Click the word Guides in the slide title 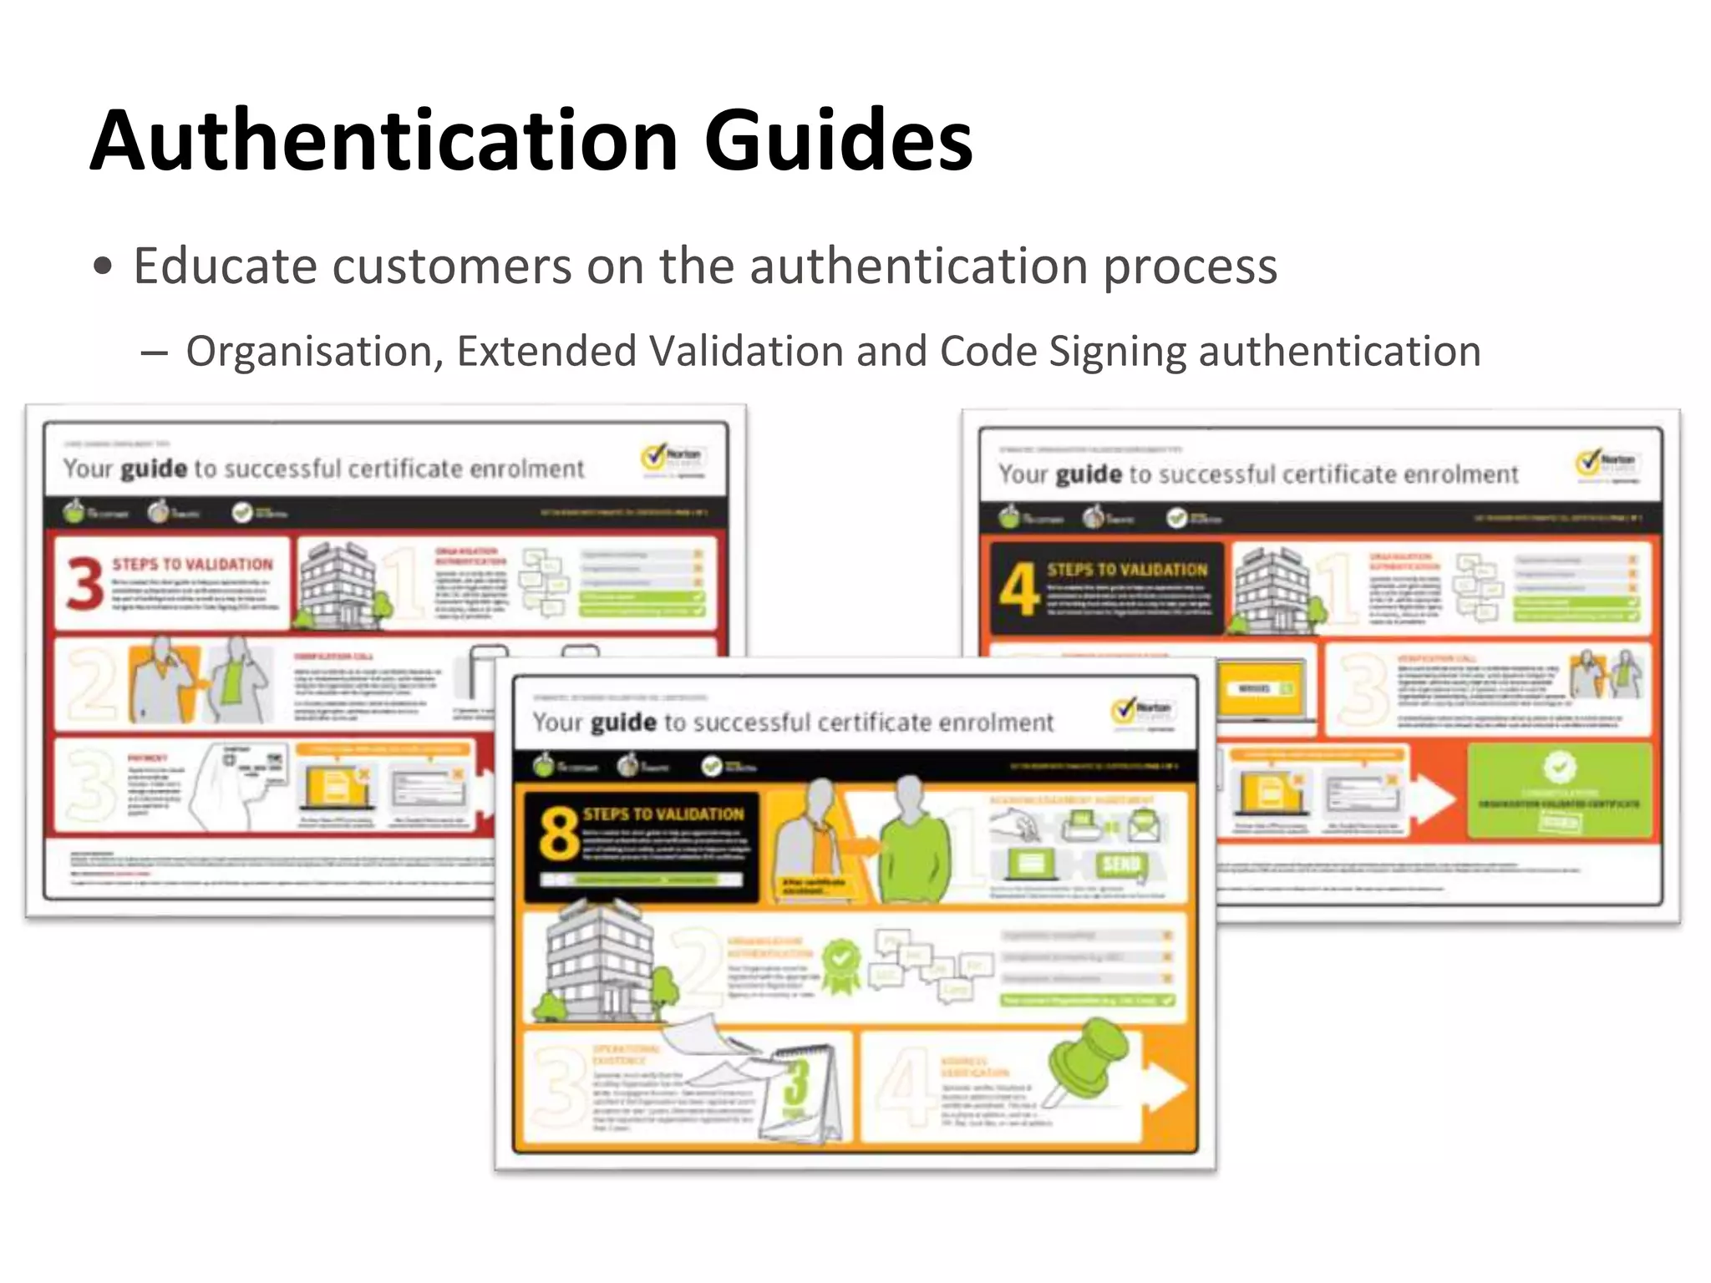click(x=838, y=140)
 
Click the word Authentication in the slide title click(x=383, y=140)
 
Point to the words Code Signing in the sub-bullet click(x=1063, y=352)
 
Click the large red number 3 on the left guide click(x=85, y=584)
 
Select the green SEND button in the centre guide click(x=1120, y=865)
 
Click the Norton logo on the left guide click(x=673, y=459)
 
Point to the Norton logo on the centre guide click(x=1142, y=712)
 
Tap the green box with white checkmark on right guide click(x=1559, y=790)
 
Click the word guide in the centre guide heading click(x=623, y=723)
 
